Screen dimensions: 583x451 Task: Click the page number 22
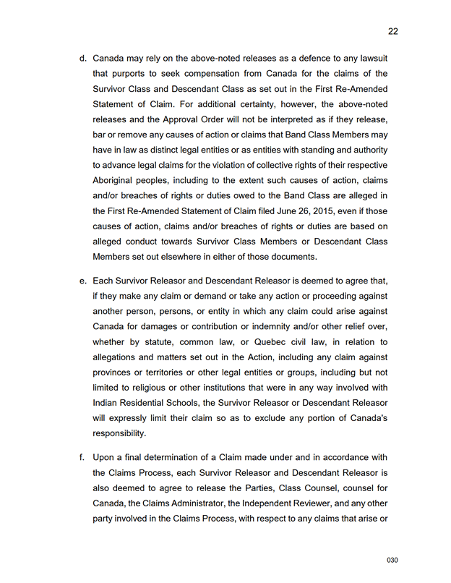pyautogui.click(x=392, y=31)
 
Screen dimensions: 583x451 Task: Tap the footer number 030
pyautogui.click(x=392, y=561)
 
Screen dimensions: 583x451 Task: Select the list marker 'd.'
pyautogui.click(x=83, y=58)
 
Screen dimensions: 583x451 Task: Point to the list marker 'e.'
pyautogui.click(x=83, y=281)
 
